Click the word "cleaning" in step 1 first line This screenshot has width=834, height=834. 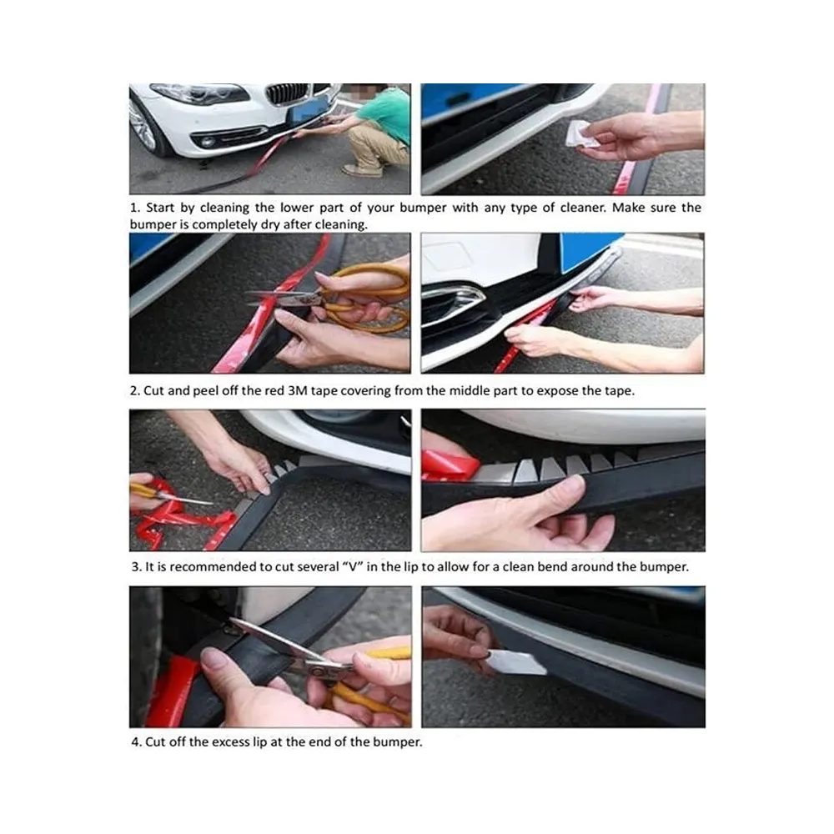224,208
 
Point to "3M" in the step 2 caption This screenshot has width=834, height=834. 298,390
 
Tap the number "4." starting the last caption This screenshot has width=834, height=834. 137,742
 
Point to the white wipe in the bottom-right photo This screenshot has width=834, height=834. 515,661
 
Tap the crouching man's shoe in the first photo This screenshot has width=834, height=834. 362,171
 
